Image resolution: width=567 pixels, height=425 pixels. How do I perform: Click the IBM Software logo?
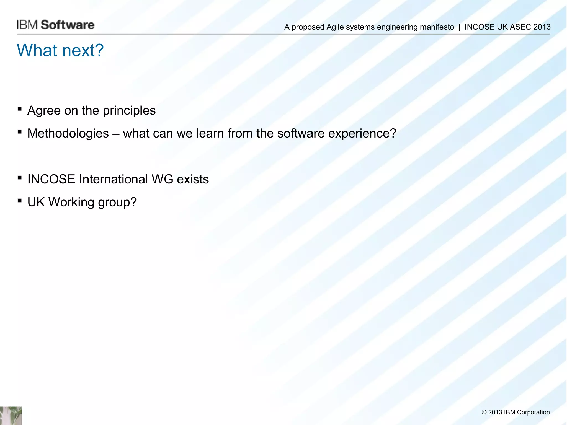point(55,25)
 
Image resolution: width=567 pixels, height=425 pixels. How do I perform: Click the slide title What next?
point(60,50)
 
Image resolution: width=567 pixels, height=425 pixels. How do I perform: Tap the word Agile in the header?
point(335,27)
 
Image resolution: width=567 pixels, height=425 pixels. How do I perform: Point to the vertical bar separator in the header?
point(459,27)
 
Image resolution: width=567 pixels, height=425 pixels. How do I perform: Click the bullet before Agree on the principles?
point(19,109)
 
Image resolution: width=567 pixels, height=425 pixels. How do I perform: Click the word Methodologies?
point(68,133)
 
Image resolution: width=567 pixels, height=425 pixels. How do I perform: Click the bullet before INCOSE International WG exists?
point(19,178)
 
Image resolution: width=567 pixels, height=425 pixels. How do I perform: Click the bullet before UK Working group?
point(19,201)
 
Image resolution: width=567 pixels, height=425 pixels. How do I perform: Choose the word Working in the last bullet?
point(71,202)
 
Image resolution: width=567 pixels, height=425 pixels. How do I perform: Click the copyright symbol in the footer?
point(484,412)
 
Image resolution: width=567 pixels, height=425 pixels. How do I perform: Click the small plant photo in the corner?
point(11,416)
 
